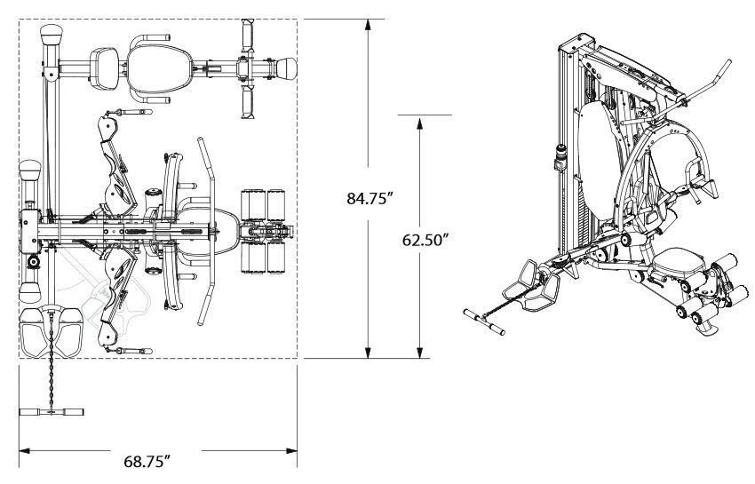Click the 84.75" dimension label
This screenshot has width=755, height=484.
point(370,198)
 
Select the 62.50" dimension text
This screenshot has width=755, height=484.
point(425,240)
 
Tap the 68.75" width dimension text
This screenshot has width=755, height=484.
point(147,461)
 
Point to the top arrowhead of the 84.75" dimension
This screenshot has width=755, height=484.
point(369,25)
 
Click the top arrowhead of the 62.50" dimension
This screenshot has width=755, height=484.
point(420,123)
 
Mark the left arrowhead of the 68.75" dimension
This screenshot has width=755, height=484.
point(25,451)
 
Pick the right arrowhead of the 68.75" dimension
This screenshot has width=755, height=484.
point(291,451)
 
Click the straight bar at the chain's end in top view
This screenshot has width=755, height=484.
point(52,412)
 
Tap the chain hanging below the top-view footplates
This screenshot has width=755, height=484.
point(51,361)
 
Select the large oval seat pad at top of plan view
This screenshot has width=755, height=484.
point(159,69)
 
